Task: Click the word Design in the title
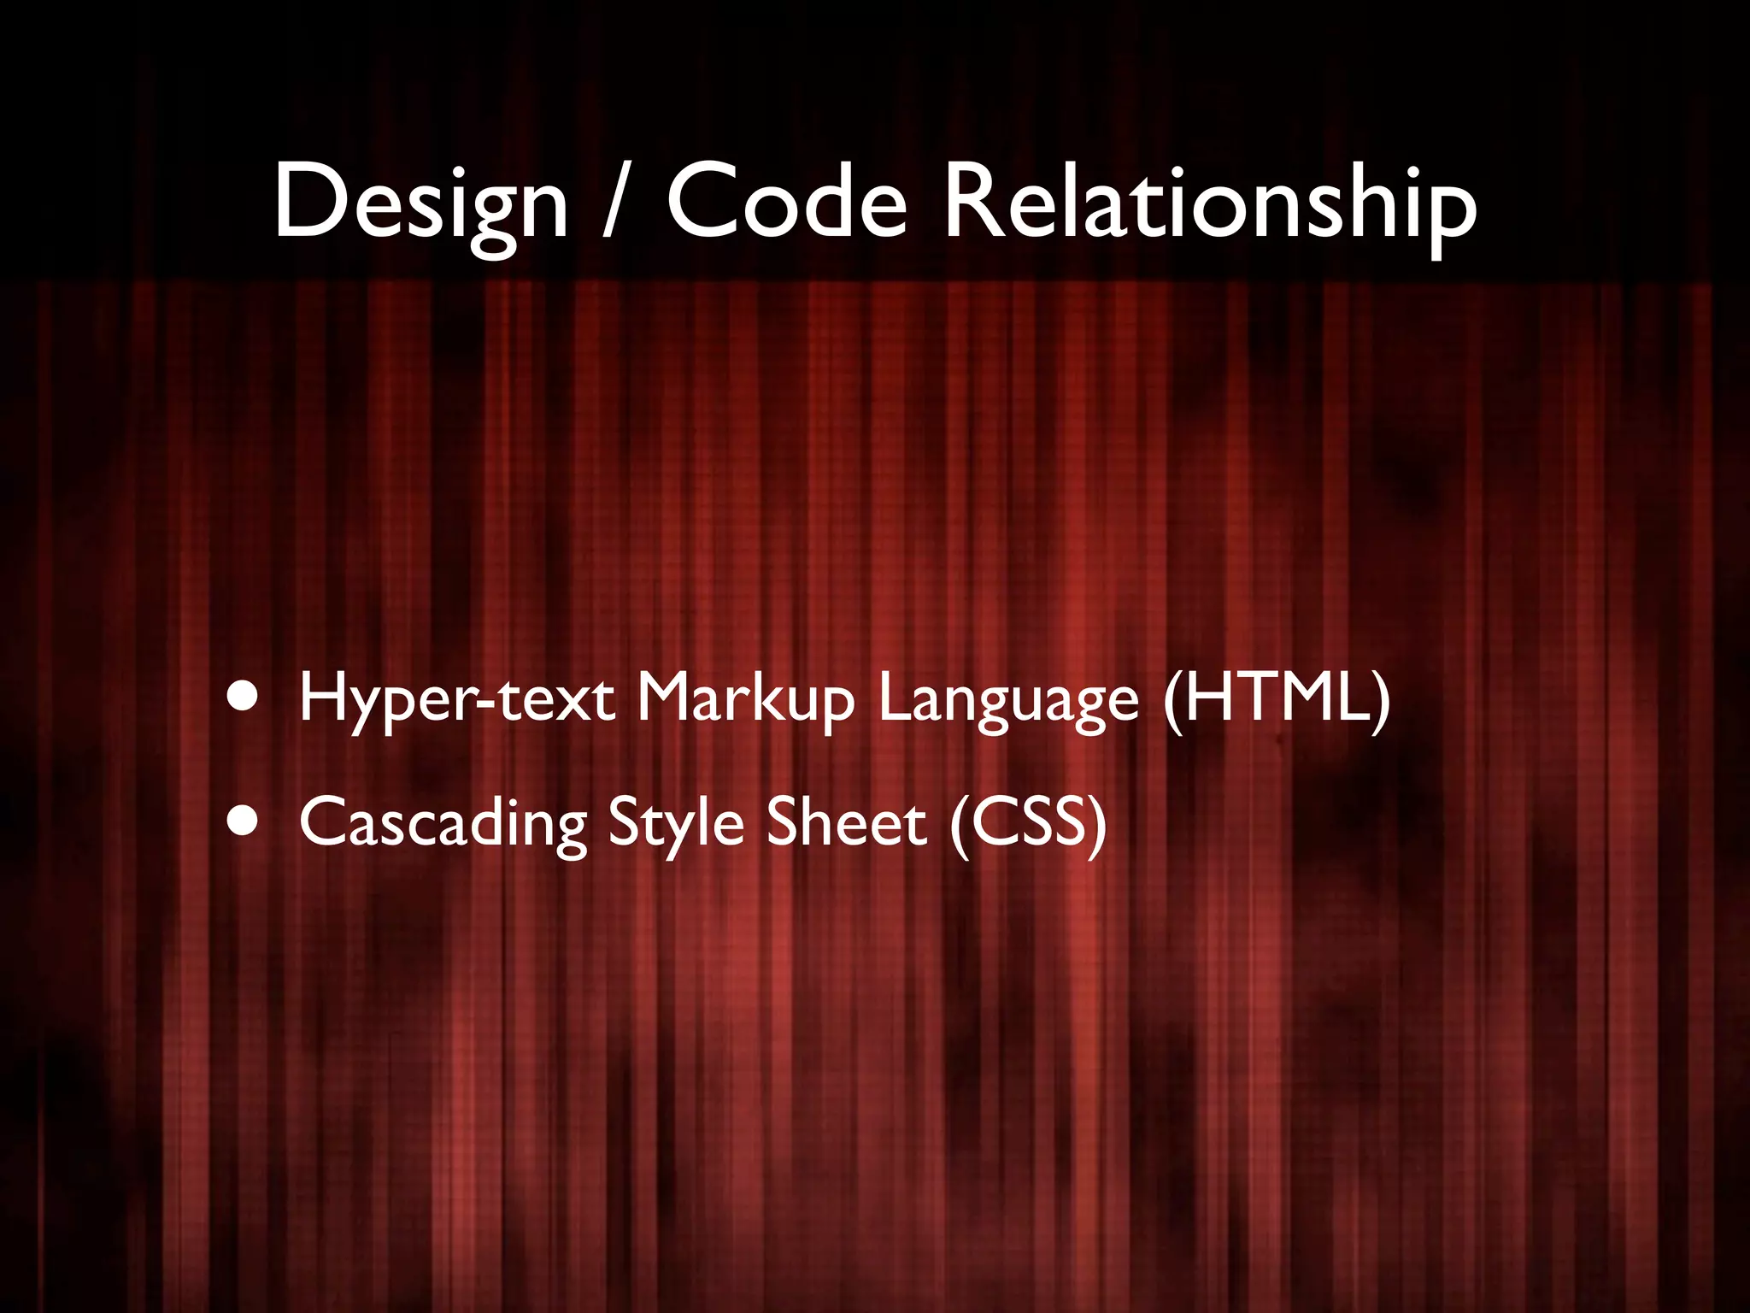(x=420, y=203)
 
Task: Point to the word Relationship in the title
(x=1208, y=203)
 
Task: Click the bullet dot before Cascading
(x=244, y=821)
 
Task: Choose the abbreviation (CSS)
(x=1027, y=822)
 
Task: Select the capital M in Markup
(x=667, y=698)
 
